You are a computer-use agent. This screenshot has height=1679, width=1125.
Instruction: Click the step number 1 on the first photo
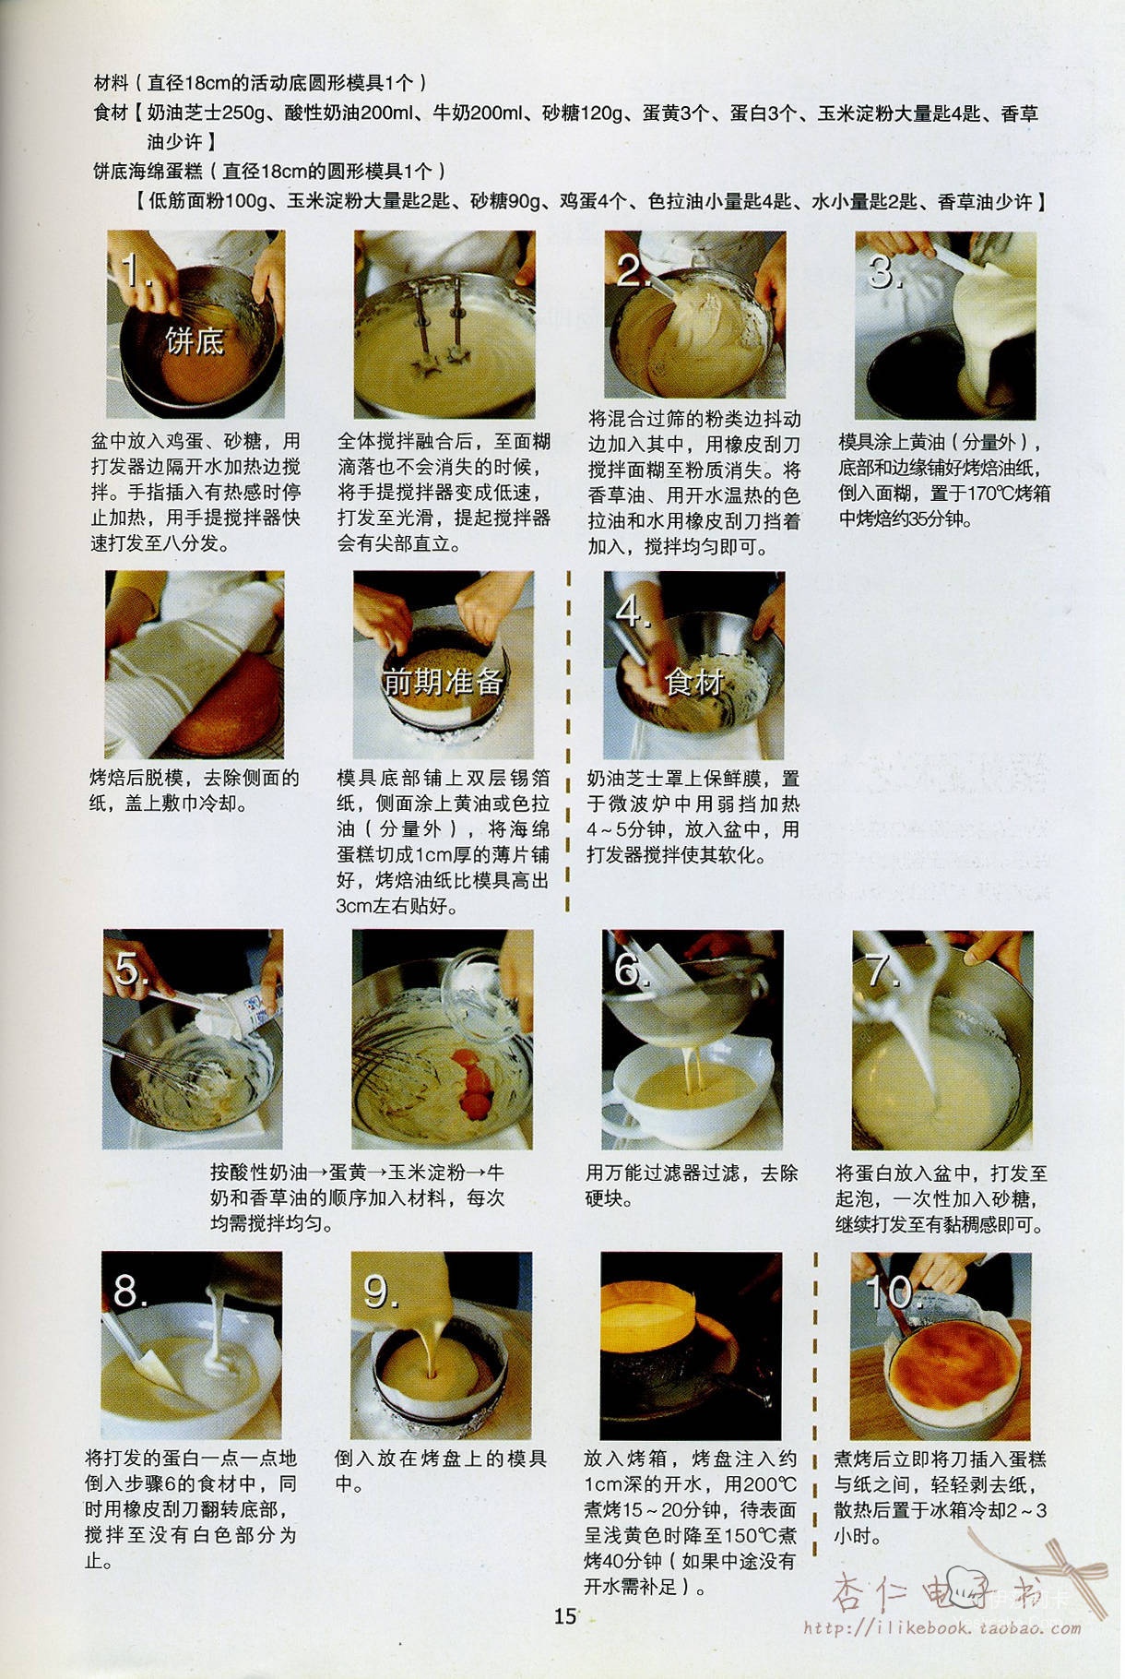click(135, 270)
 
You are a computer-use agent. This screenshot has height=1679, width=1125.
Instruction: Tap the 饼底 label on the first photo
click(195, 341)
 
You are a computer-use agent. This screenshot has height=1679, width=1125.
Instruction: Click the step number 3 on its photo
click(885, 271)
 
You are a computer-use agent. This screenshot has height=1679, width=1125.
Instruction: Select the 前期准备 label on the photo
click(444, 682)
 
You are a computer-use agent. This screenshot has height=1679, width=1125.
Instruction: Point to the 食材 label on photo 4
click(694, 682)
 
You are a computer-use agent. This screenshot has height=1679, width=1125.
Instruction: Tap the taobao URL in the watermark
click(941, 1627)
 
